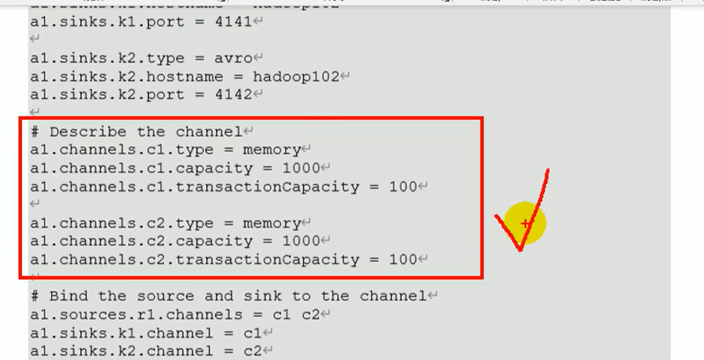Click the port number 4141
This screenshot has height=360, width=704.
(x=233, y=22)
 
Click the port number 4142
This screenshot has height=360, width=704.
(x=233, y=95)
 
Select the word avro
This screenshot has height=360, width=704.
(x=233, y=58)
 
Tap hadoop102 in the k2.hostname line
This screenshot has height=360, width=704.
(x=296, y=77)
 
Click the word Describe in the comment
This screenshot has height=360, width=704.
(x=88, y=132)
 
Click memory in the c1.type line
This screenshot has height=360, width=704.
(x=272, y=150)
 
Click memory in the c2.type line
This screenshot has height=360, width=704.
(x=272, y=223)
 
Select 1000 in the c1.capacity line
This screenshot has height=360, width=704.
(x=301, y=168)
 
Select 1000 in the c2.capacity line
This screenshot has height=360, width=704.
(x=301, y=241)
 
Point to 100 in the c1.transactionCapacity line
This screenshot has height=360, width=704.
(x=403, y=187)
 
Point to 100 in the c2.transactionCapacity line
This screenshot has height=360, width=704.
(x=403, y=260)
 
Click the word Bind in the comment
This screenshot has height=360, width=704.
(x=69, y=297)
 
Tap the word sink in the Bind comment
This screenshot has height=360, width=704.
(x=262, y=297)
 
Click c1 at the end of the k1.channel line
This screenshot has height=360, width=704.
(x=252, y=333)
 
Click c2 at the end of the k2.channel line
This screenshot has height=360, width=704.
(x=252, y=351)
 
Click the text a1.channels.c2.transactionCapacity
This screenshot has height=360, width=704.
(x=194, y=260)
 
